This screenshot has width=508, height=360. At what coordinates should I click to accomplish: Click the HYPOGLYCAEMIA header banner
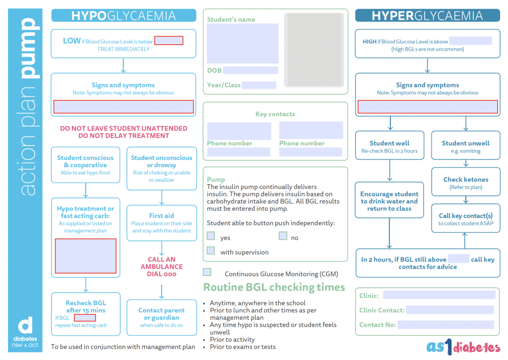click(124, 15)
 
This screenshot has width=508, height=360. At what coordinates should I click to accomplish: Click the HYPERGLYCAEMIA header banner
click(427, 15)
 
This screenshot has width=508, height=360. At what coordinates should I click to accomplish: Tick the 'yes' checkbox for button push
click(211, 236)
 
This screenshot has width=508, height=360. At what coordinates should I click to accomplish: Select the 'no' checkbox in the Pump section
click(283, 236)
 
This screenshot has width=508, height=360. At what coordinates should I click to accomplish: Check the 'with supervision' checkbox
click(211, 251)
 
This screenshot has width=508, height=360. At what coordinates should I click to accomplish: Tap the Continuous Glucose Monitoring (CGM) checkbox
click(207, 272)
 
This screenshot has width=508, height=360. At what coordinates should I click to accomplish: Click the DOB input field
click(250, 71)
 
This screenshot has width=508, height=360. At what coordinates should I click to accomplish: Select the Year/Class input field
click(259, 85)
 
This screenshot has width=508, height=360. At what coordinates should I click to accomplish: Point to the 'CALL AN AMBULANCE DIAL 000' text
click(162, 267)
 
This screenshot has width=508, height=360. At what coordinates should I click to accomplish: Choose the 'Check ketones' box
click(466, 182)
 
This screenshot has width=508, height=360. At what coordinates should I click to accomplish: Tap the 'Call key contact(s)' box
click(466, 218)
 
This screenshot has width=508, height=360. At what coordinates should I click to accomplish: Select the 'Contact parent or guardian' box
click(162, 317)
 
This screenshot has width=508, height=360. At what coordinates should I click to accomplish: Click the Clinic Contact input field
click(450, 310)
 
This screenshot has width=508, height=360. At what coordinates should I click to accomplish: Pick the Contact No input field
click(445, 325)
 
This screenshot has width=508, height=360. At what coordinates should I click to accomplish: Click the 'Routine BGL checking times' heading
click(274, 287)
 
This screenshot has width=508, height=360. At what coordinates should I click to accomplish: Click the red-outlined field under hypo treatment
click(86, 256)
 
